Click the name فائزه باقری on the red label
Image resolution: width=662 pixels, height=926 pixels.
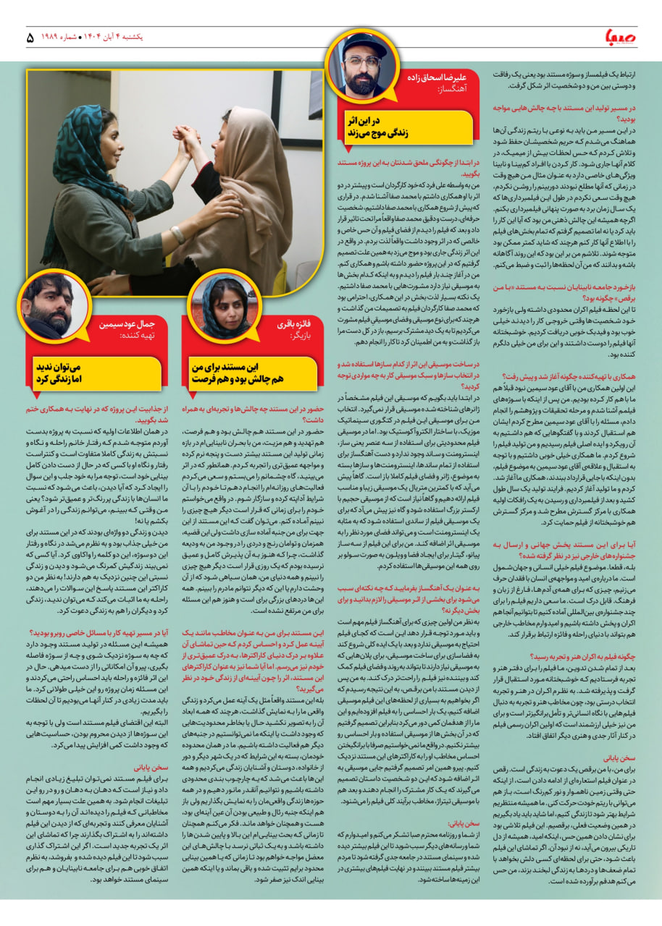(282, 325)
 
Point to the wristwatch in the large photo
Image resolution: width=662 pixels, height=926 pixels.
(177, 234)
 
